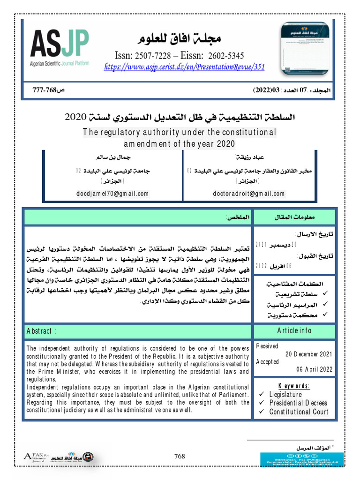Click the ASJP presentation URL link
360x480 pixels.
[184, 67]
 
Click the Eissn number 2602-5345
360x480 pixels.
[231, 55]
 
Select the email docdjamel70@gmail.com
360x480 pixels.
[112, 193]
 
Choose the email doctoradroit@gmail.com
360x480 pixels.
[249, 193]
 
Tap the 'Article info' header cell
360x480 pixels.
[294, 330]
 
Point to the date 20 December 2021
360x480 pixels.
[309, 354]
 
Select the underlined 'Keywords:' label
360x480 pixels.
[294, 386]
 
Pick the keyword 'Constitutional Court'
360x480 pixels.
[298, 412]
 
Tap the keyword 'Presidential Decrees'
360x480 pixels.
[298, 403]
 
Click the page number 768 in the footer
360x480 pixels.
[180, 457]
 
